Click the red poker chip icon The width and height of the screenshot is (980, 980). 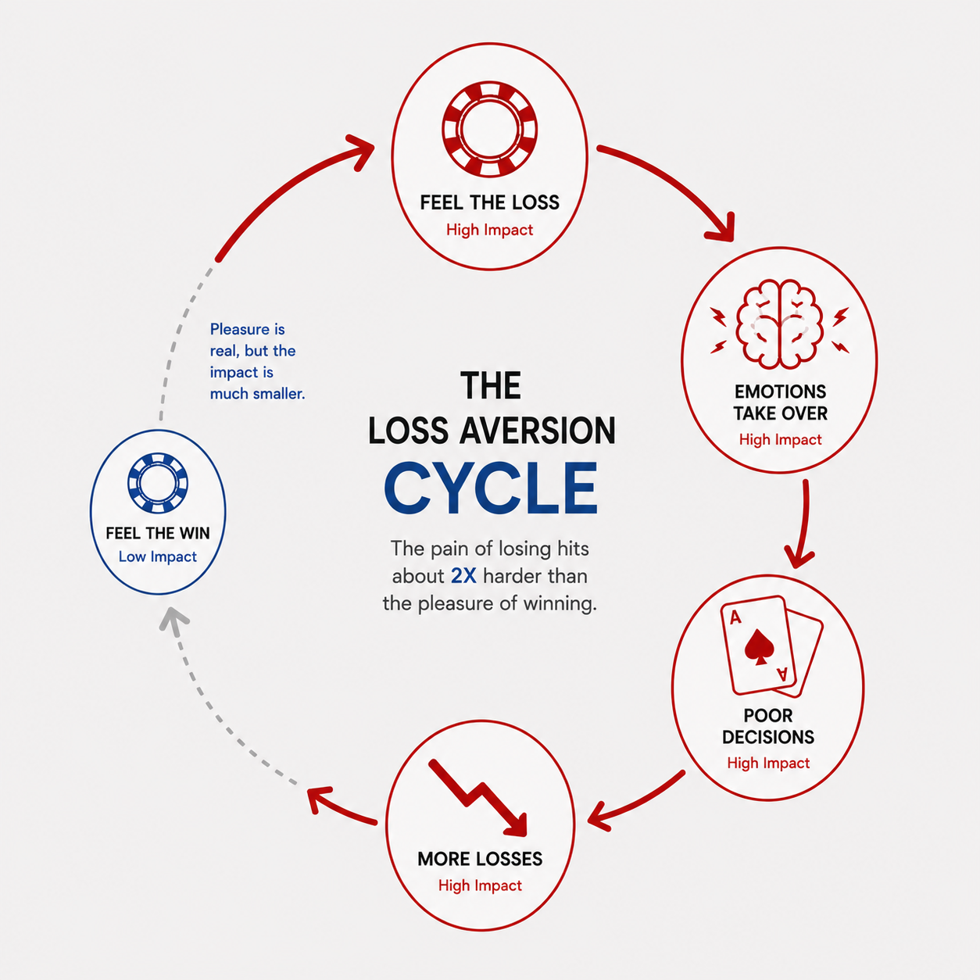tap(489, 129)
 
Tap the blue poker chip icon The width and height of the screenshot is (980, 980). tap(158, 483)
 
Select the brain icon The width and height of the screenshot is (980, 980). tap(779, 324)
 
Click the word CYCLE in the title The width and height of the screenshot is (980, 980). tap(491, 488)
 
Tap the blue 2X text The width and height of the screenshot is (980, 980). tap(463, 576)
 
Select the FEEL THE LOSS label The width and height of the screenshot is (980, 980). tap(489, 202)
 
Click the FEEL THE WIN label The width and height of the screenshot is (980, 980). tap(158, 533)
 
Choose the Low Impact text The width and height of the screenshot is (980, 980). tap(158, 556)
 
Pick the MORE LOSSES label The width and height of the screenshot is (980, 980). tap(480, 859)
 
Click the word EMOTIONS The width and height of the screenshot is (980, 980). tap(780, 392)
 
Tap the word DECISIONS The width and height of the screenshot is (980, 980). tap(768, 737)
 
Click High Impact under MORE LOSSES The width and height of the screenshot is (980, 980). tap(480, 885)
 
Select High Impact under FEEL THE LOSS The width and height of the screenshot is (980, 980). tap(489, 230)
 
